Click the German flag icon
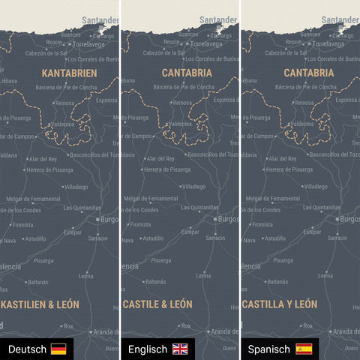point(58,349)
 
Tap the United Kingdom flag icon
point(181,349)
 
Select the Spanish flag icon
point(304,349)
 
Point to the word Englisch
point(147,349)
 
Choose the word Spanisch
point(269,349)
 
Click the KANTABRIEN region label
point(69,73)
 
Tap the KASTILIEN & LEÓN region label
point(40,304)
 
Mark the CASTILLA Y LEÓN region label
point(279,304)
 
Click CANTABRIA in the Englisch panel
point(187,73)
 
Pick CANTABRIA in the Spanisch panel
point(309,73)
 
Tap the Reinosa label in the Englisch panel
point(180,103)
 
